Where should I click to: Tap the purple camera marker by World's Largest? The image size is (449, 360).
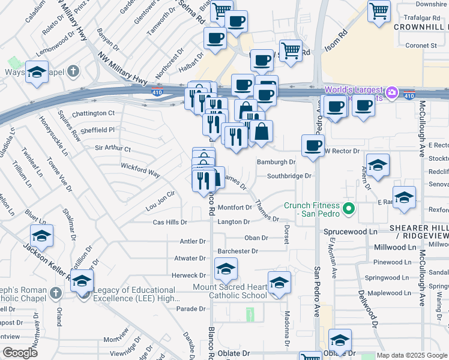click(392, 92)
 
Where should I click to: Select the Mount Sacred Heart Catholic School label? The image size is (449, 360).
click(238, 291)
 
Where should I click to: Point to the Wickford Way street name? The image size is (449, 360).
click(140, 169)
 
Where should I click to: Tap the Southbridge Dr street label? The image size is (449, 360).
click(289, 176)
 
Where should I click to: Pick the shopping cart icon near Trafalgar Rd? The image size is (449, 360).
click(379, 10)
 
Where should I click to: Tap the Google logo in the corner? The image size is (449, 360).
click(20, 353)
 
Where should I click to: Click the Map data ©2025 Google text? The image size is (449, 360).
click(412, 355)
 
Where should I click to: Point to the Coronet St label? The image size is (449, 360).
click(420, 45)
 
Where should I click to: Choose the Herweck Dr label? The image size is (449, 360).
click(189, 275)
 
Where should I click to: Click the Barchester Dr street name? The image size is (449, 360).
click(238, 251)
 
